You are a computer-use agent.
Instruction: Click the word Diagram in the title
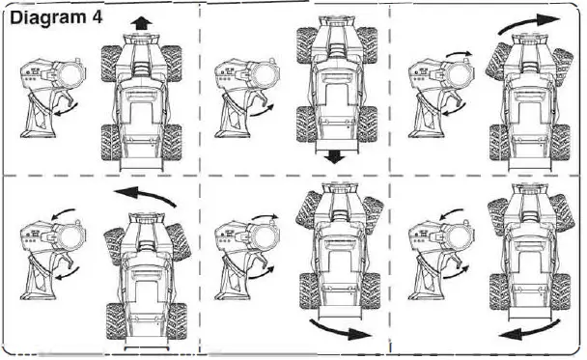pyautogui.click(x=47, y=18)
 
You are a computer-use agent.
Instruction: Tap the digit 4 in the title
pyautogui.click(x=97, y=17)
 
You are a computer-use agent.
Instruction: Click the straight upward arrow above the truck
pyautogui.click(x=141, y=23)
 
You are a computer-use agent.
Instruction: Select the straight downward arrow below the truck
pyautogui.click(x=334, y=156)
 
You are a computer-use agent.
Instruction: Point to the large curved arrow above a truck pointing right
pyautogui.click(x=529, y=23)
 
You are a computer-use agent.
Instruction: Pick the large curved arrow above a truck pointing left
pyautogui.click(x=145, y=196)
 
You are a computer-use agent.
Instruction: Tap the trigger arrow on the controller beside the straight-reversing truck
pyautogui.click(x=262, y=111)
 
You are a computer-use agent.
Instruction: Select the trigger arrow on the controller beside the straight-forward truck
pyautogui.click(x=66, y=109)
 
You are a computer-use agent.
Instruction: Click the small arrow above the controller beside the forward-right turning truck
pyautogui.click(x=459, y=54)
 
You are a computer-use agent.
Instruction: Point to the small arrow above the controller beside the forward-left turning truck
pyautogui.click(x=64, y=213)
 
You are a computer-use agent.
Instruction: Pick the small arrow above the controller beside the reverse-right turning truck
pyautogui.click(x=266, y=217)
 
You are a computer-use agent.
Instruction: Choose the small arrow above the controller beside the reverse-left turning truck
pyautogui.click(x=452, y=213)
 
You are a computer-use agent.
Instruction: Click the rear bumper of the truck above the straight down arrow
pyautogui.click(x=334, y=146)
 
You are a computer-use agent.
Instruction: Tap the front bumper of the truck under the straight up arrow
pyautogui.click(x=142, y=39)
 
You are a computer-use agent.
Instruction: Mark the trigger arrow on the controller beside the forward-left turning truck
pyautogui.click(x=67, y=273)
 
